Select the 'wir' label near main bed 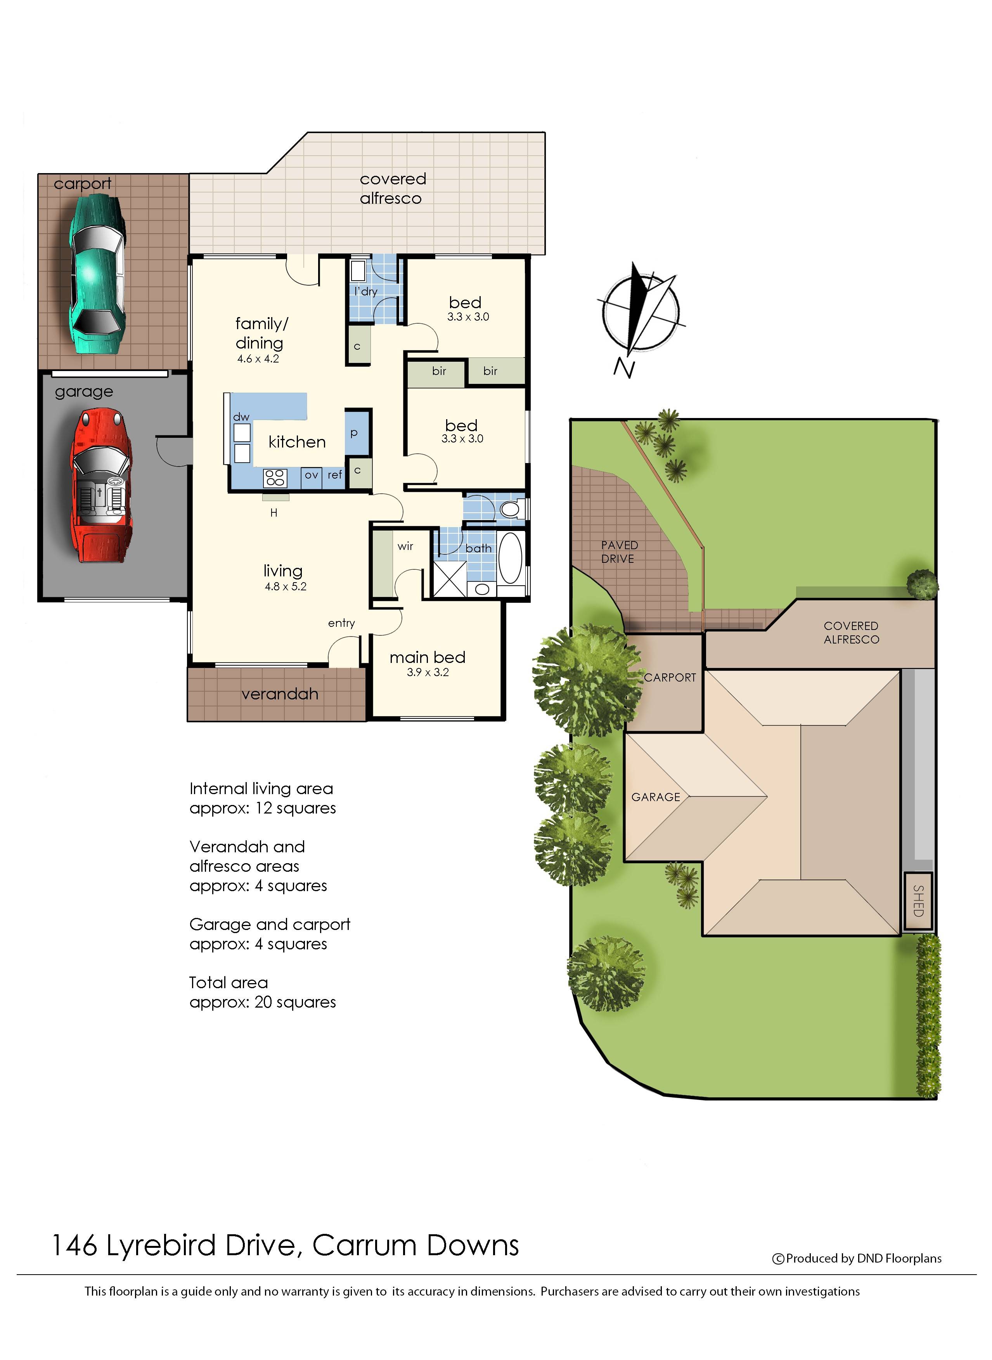(x=405, y=546)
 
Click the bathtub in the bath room (x=511, y=558)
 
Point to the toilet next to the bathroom (x=509, y=509)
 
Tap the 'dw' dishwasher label (x=241, y=417)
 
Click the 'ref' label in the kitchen (x=334, y=475)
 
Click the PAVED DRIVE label (x=619, y=552)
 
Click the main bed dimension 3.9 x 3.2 (x=428, y=672)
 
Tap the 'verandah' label (x=280, y=694)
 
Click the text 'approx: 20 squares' (x=262, y=1002)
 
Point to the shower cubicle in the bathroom (x=450, y=578)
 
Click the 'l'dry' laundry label (x=366, y=291)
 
